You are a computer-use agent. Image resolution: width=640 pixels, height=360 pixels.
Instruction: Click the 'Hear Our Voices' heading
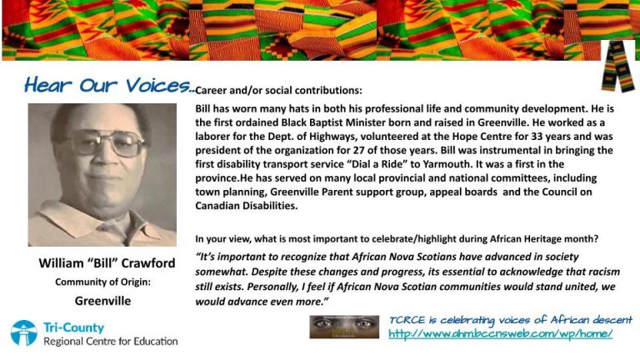click(x=109, y=85)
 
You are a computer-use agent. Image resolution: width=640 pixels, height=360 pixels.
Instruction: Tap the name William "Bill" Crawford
click(x=107, y=262)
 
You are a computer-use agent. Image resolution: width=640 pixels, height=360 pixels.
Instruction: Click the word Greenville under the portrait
click(x=102, y=301)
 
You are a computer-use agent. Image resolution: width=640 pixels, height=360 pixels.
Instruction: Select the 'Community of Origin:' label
click(x=102, y=282)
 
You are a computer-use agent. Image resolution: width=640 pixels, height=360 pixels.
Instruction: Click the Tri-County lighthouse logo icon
click(x=24, y=333)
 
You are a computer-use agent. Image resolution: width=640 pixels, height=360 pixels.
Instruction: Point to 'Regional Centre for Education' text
click(x=111, y=341)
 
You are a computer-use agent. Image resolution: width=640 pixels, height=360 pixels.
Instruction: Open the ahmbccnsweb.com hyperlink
click(x=500, y=333)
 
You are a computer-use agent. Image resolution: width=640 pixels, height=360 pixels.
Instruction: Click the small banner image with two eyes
click(x=344, y=327)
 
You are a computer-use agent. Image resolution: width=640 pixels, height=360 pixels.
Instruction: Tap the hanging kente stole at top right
click(x=618, y=66)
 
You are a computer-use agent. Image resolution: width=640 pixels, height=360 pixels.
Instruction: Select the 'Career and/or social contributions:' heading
click(x=279, y=90)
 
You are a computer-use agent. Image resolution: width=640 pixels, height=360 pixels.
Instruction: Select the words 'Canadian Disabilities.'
click(x=247, y=206)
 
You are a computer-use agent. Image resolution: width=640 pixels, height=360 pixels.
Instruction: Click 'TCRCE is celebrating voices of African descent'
click(x=511, y=320)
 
